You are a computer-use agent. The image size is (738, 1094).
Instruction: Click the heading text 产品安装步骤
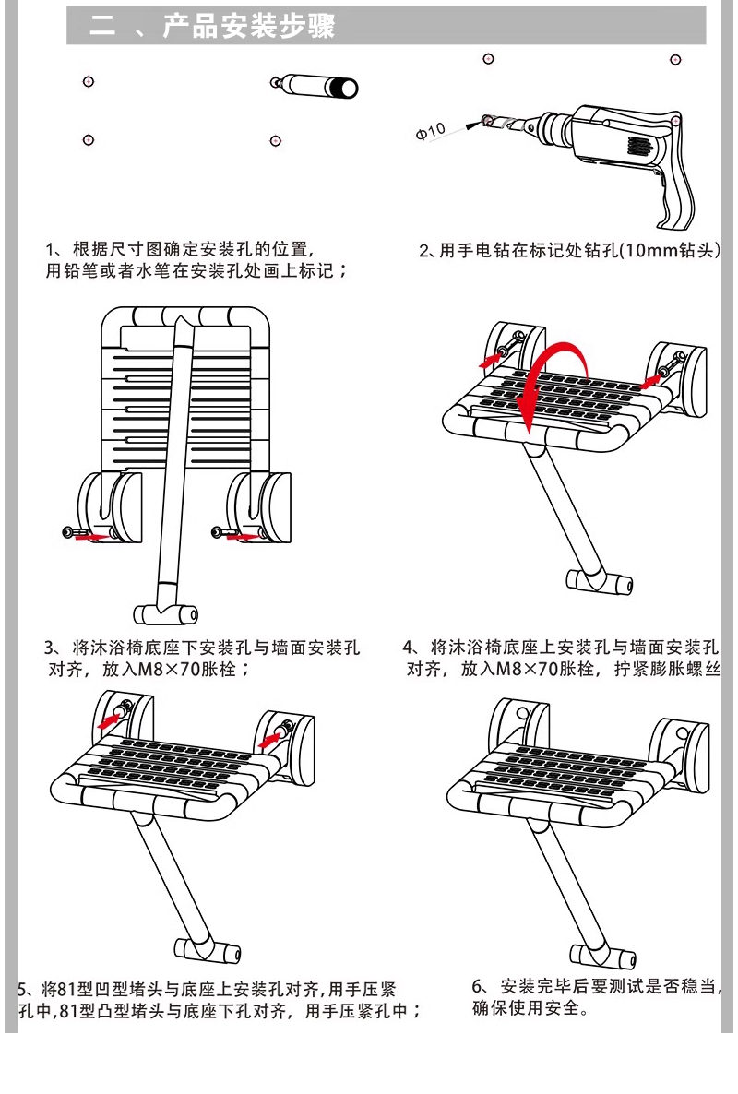pyautogui.click(x=248, y=27)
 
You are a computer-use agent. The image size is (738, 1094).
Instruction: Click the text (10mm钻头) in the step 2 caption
pyautogui.click(x=668, y=250)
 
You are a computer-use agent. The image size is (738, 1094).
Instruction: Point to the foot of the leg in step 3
pyautogui.click(x=167, y=614)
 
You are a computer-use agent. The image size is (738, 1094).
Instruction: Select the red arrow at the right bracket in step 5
pyautogui.click(x=273, y=738)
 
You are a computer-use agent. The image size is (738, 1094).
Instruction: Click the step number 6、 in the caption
pyautogui.click(x=479, y=986)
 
